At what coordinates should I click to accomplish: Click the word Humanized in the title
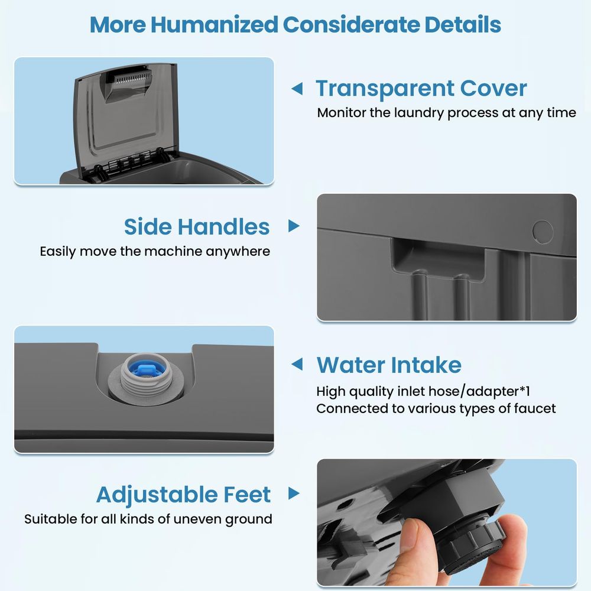pyautogui.click(x=214, y=24)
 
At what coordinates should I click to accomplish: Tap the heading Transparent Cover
pyautogui.click(x=421, y=89)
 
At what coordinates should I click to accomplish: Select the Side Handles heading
pyautogui.click(x=197, y=227)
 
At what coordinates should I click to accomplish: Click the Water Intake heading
pyautogui.click(x=389, y=365)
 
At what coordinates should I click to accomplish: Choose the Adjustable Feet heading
pyautogui.click(x=183, y=495)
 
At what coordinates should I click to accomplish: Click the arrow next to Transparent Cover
pyautogui.click(x=297, y=89)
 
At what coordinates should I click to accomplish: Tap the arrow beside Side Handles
pyautogui.click(x=294, y=226)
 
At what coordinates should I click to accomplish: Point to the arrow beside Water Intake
pyautogui.click(x=297, y=364)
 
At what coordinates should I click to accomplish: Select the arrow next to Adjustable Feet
pyautogui.click(x=294, y=493)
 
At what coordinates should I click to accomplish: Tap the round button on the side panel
pyautogui.click(x=543, y=232)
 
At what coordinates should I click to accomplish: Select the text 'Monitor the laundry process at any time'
pyautogui.click(x=446, y=113)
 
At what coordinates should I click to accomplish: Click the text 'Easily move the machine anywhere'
pyautogui.click(x=155, y=251)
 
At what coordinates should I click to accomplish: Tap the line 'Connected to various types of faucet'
pyautogui.click(x=436, y=408)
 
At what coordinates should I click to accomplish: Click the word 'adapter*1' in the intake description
pyautogui.click(x=498, y=391)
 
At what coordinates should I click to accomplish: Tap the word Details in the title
pyautogui.click(x=463, y=24)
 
